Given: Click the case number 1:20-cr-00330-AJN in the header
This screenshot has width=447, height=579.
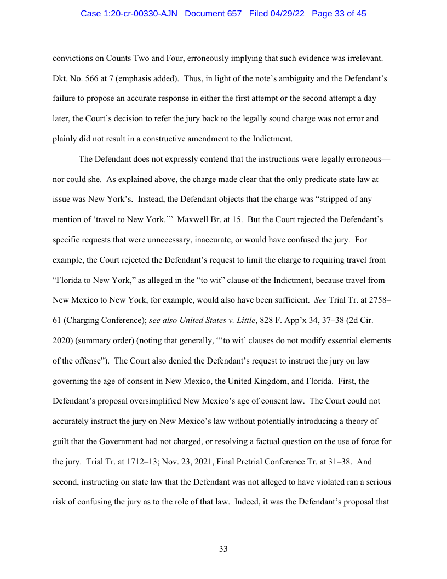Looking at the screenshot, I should [x=129, y=14].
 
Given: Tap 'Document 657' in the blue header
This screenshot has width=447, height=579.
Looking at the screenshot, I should [x=213, y=14].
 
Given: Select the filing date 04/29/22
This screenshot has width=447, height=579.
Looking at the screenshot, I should [x=289, y=14].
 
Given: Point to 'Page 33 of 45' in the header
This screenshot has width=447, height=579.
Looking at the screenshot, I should [x=339, y=14].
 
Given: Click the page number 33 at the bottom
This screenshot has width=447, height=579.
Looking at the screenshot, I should [x=223, y=549].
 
